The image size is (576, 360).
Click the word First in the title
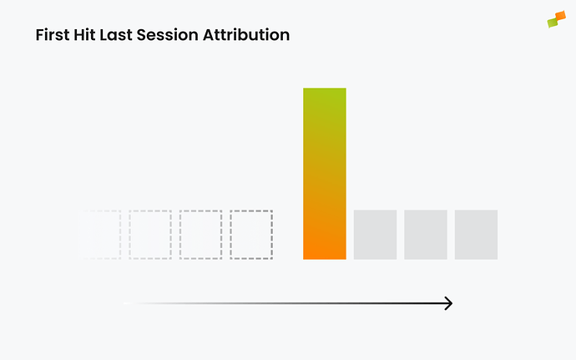[53, 36]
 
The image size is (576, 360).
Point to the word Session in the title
[172, 36]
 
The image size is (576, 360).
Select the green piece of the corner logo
[552, 23]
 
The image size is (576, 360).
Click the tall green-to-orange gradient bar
[324, 173]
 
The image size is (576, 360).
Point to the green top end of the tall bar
[324, 96]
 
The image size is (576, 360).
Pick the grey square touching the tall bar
[375, 235]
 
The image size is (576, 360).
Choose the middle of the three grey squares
[426, 235]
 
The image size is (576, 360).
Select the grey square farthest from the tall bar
[476, 235]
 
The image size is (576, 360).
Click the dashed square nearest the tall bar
[251, 235]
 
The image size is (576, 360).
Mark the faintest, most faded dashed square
[102, 235]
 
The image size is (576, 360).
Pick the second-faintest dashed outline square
[150, 235]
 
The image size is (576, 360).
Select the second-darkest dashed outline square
[201, 235]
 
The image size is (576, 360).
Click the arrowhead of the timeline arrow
[448, 303]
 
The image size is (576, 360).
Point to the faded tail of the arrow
[138, 303]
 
